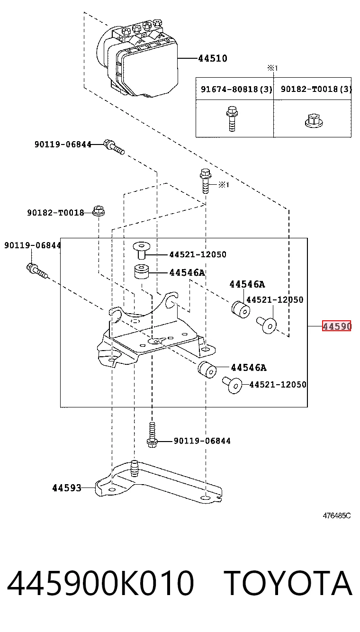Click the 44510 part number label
click(212, 58)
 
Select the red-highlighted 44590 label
click(337, 326)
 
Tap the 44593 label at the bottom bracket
click(67, 488)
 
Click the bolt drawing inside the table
click(232, 118)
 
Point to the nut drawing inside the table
click(314, 120)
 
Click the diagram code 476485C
click(337, 516)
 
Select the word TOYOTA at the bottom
click(289, 583)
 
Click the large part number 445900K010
click(100, 583)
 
